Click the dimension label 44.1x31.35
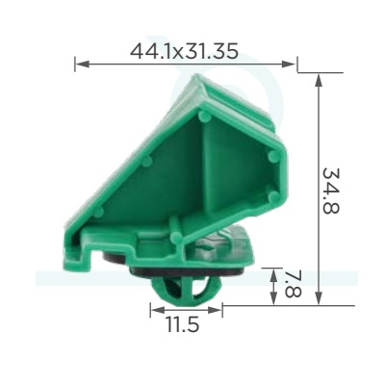click(184, 51)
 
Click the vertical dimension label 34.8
click(330, 191)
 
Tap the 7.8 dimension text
click(293, 285)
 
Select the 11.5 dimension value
click(183, 324)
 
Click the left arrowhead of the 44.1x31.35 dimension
click(82, 64)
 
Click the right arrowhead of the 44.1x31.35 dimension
click(288, 64)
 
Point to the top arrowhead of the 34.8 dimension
click(319, 81)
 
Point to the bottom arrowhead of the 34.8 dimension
click(319, 296)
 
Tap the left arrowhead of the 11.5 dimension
click(157, 310)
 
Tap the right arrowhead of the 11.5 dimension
click(215, 310)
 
